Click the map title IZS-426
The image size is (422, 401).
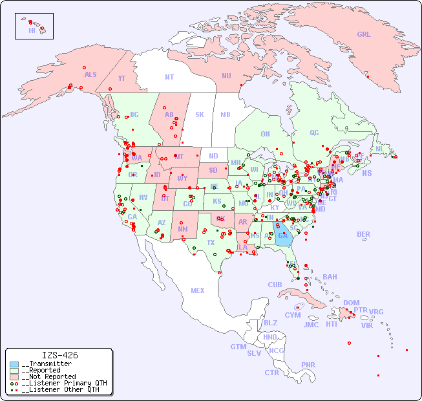59,355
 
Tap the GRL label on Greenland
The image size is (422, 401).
364,34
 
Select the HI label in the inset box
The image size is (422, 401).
32,30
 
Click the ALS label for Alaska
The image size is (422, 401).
90,74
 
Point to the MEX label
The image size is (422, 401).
198,290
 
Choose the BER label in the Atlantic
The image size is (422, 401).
363,234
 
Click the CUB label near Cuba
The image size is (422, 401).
275,285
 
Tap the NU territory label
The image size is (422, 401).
226,76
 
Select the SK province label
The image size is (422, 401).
200,114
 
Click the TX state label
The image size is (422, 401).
211,243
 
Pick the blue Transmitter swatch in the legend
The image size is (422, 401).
14,364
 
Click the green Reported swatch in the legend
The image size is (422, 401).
14,371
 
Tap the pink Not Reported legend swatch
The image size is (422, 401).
14,376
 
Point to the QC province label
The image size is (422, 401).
314,133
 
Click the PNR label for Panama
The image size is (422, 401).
308,365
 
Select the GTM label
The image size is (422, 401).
238,347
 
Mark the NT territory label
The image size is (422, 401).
169,76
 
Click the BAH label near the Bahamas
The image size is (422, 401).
330,277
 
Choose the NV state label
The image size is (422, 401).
143,197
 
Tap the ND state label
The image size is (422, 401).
213,156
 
